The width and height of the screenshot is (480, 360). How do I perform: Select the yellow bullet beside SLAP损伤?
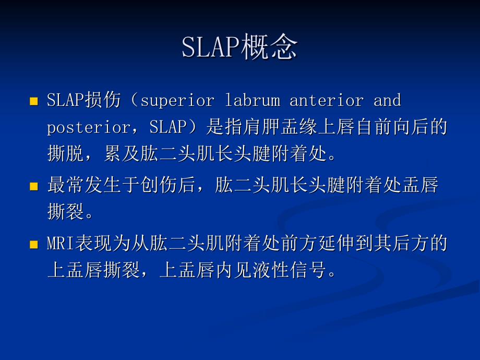34,101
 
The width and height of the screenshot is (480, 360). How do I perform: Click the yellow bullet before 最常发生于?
34,186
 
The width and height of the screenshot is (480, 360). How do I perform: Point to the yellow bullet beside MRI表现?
34,244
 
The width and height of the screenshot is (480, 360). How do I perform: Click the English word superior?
178,101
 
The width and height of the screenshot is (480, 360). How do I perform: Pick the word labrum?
253,100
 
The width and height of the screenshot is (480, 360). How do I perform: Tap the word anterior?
327,100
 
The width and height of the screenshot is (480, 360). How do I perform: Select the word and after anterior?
387,100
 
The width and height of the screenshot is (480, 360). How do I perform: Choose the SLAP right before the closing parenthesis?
168,127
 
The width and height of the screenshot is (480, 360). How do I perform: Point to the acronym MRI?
61,243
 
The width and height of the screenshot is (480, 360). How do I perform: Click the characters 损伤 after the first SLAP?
103,100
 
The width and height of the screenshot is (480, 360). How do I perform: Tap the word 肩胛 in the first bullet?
261,127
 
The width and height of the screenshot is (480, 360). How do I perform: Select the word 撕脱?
66,153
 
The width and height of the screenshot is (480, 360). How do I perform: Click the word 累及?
122,153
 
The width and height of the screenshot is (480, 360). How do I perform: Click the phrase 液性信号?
289,270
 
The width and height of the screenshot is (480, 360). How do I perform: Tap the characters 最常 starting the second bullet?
66,185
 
